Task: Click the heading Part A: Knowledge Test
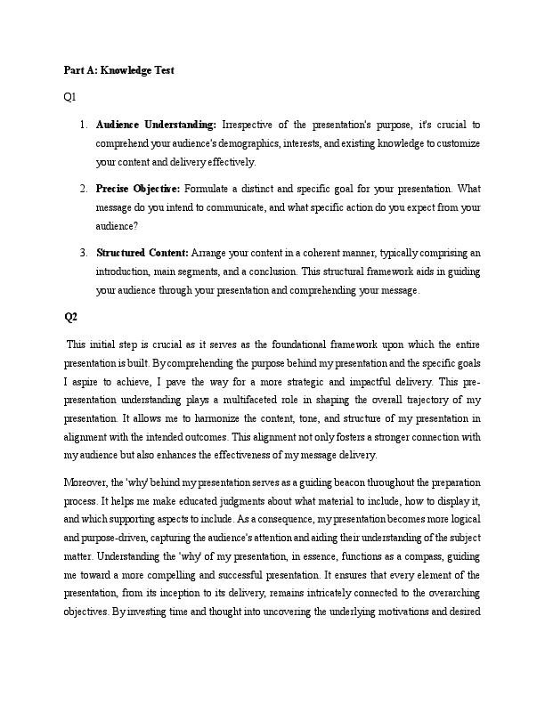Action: (x=118, y=69)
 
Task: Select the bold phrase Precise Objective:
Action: (x=138, y=189)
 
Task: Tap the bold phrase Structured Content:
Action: (x=142, y=253)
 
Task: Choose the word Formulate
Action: (x=211, y=189)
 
